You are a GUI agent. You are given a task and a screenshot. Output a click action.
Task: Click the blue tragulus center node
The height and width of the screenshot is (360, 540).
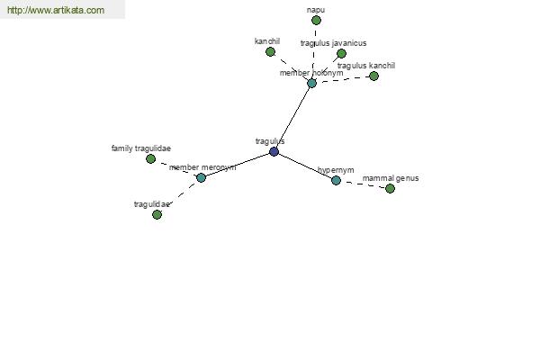pos(274,151)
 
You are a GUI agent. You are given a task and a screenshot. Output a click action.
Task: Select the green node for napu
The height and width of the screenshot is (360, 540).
pos(316,21)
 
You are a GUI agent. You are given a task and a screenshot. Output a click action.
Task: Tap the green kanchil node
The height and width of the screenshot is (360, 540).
pos(270,52)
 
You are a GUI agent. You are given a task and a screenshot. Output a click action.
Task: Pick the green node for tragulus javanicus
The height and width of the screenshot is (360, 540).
pos(341,53)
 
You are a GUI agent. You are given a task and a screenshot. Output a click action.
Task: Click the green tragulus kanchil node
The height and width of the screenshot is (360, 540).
pos(373,76)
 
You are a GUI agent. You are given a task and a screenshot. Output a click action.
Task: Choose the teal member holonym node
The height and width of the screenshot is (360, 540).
pos(311,83)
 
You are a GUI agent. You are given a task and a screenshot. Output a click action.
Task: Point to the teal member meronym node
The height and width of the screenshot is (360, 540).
pos(201,178)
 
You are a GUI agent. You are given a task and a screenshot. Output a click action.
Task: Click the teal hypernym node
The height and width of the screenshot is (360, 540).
pos(336,180)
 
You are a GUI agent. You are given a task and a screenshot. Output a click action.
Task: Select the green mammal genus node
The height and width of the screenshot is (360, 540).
pos(390,188)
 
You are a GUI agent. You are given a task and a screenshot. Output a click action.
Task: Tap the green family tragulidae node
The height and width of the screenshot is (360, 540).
pos(150,158)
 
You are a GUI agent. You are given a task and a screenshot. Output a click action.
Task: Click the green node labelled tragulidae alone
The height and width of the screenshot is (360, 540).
pos(157,214)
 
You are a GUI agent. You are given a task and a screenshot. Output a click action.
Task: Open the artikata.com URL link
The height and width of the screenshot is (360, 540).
pos(56,10)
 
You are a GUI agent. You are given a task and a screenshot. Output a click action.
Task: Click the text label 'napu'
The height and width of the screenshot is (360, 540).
pos(316,10)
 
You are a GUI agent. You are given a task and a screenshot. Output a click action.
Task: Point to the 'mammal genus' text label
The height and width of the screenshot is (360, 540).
pos(391,178)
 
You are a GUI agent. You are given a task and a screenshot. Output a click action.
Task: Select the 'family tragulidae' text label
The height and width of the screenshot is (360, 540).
pos(141,148)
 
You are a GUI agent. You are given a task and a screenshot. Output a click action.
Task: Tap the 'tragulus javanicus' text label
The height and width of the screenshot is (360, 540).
pos(333,43)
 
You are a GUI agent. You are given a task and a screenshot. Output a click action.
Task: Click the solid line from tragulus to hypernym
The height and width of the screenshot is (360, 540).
pos(305,166)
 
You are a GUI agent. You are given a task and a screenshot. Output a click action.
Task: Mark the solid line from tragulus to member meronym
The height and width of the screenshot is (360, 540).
pos(238,165)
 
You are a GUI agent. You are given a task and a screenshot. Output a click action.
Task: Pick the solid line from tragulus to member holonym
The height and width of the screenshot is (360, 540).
pos(292,118)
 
